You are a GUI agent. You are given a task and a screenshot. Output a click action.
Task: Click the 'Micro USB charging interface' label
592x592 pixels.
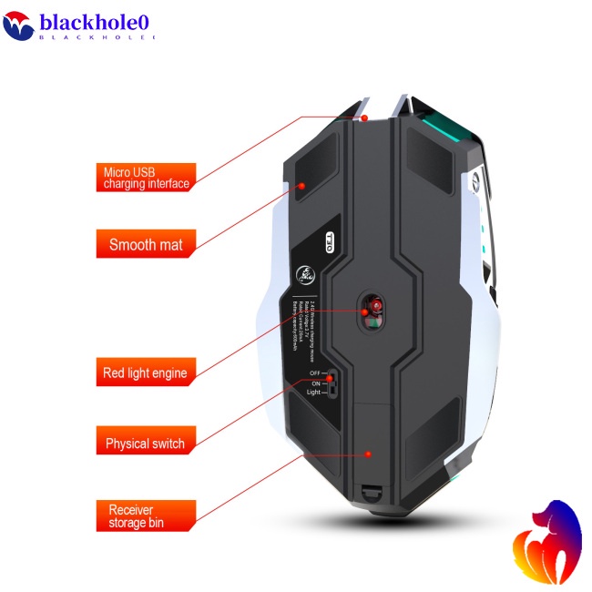(x=146, y=178)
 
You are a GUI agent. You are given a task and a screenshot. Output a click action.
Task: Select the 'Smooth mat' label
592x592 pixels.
(x=146, y=244)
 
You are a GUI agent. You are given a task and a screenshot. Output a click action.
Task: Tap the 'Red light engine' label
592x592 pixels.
(x=146, y=373)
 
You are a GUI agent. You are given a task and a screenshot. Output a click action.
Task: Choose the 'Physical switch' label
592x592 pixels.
(x=146, y=444)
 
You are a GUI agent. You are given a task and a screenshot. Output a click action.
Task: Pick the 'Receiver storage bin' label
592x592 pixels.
(x=146, y=516)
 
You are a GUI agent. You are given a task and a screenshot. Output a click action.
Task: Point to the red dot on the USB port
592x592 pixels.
(x=364, y=117)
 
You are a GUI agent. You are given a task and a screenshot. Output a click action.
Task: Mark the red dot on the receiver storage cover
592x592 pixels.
(x=368, y=454)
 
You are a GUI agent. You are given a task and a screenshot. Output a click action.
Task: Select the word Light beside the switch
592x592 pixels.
(x=312, y=393)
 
